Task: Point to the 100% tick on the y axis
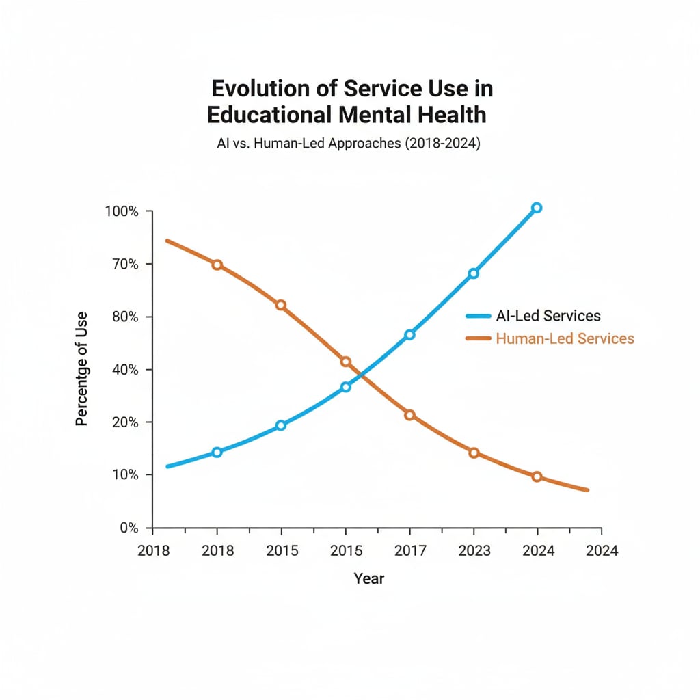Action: pyautogui.click(x=122, y=211)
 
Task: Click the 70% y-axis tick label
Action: pyautogui.click(x=125, y=264)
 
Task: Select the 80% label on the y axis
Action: pyautogui.click(x=125, y=317)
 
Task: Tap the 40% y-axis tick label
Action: pyautogui.click(x=125, y=369)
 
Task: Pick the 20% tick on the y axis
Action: pyautogui.click(x=125, y=422)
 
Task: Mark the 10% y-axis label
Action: pyautogui.click(x=125, y=474)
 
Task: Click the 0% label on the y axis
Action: pyautogui.click(x=129, y=527)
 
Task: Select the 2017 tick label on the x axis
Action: pyautogui.click(x=409, y=550)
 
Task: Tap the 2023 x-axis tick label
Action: pyautogui.click(x=474, y=550)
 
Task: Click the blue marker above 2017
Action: pyautogui.click(x=409, y=334)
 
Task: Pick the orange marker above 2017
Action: pyautogui.click(x=409, y=415)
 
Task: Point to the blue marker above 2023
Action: pyautogui.click(x=474, y=273)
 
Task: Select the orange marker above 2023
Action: pyautogui.click(x=474, y=453)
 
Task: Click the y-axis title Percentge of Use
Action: pyautogui.click(x=82, y=369)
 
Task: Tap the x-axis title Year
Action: pyautogui.click(x=369, y=578)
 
